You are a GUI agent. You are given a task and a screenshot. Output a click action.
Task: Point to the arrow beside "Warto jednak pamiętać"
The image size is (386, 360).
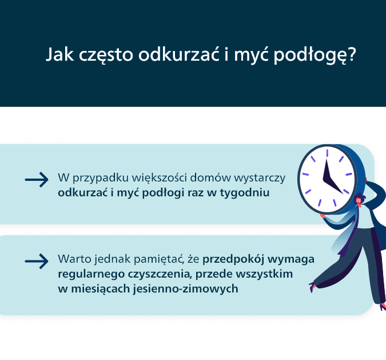(36, 261)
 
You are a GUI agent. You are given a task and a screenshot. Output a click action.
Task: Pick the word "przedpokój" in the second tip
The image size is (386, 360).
(231, 258)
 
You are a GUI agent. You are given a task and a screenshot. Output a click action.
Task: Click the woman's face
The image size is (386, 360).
(359, 200)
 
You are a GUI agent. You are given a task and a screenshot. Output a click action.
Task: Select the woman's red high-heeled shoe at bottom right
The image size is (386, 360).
(381, 307)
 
